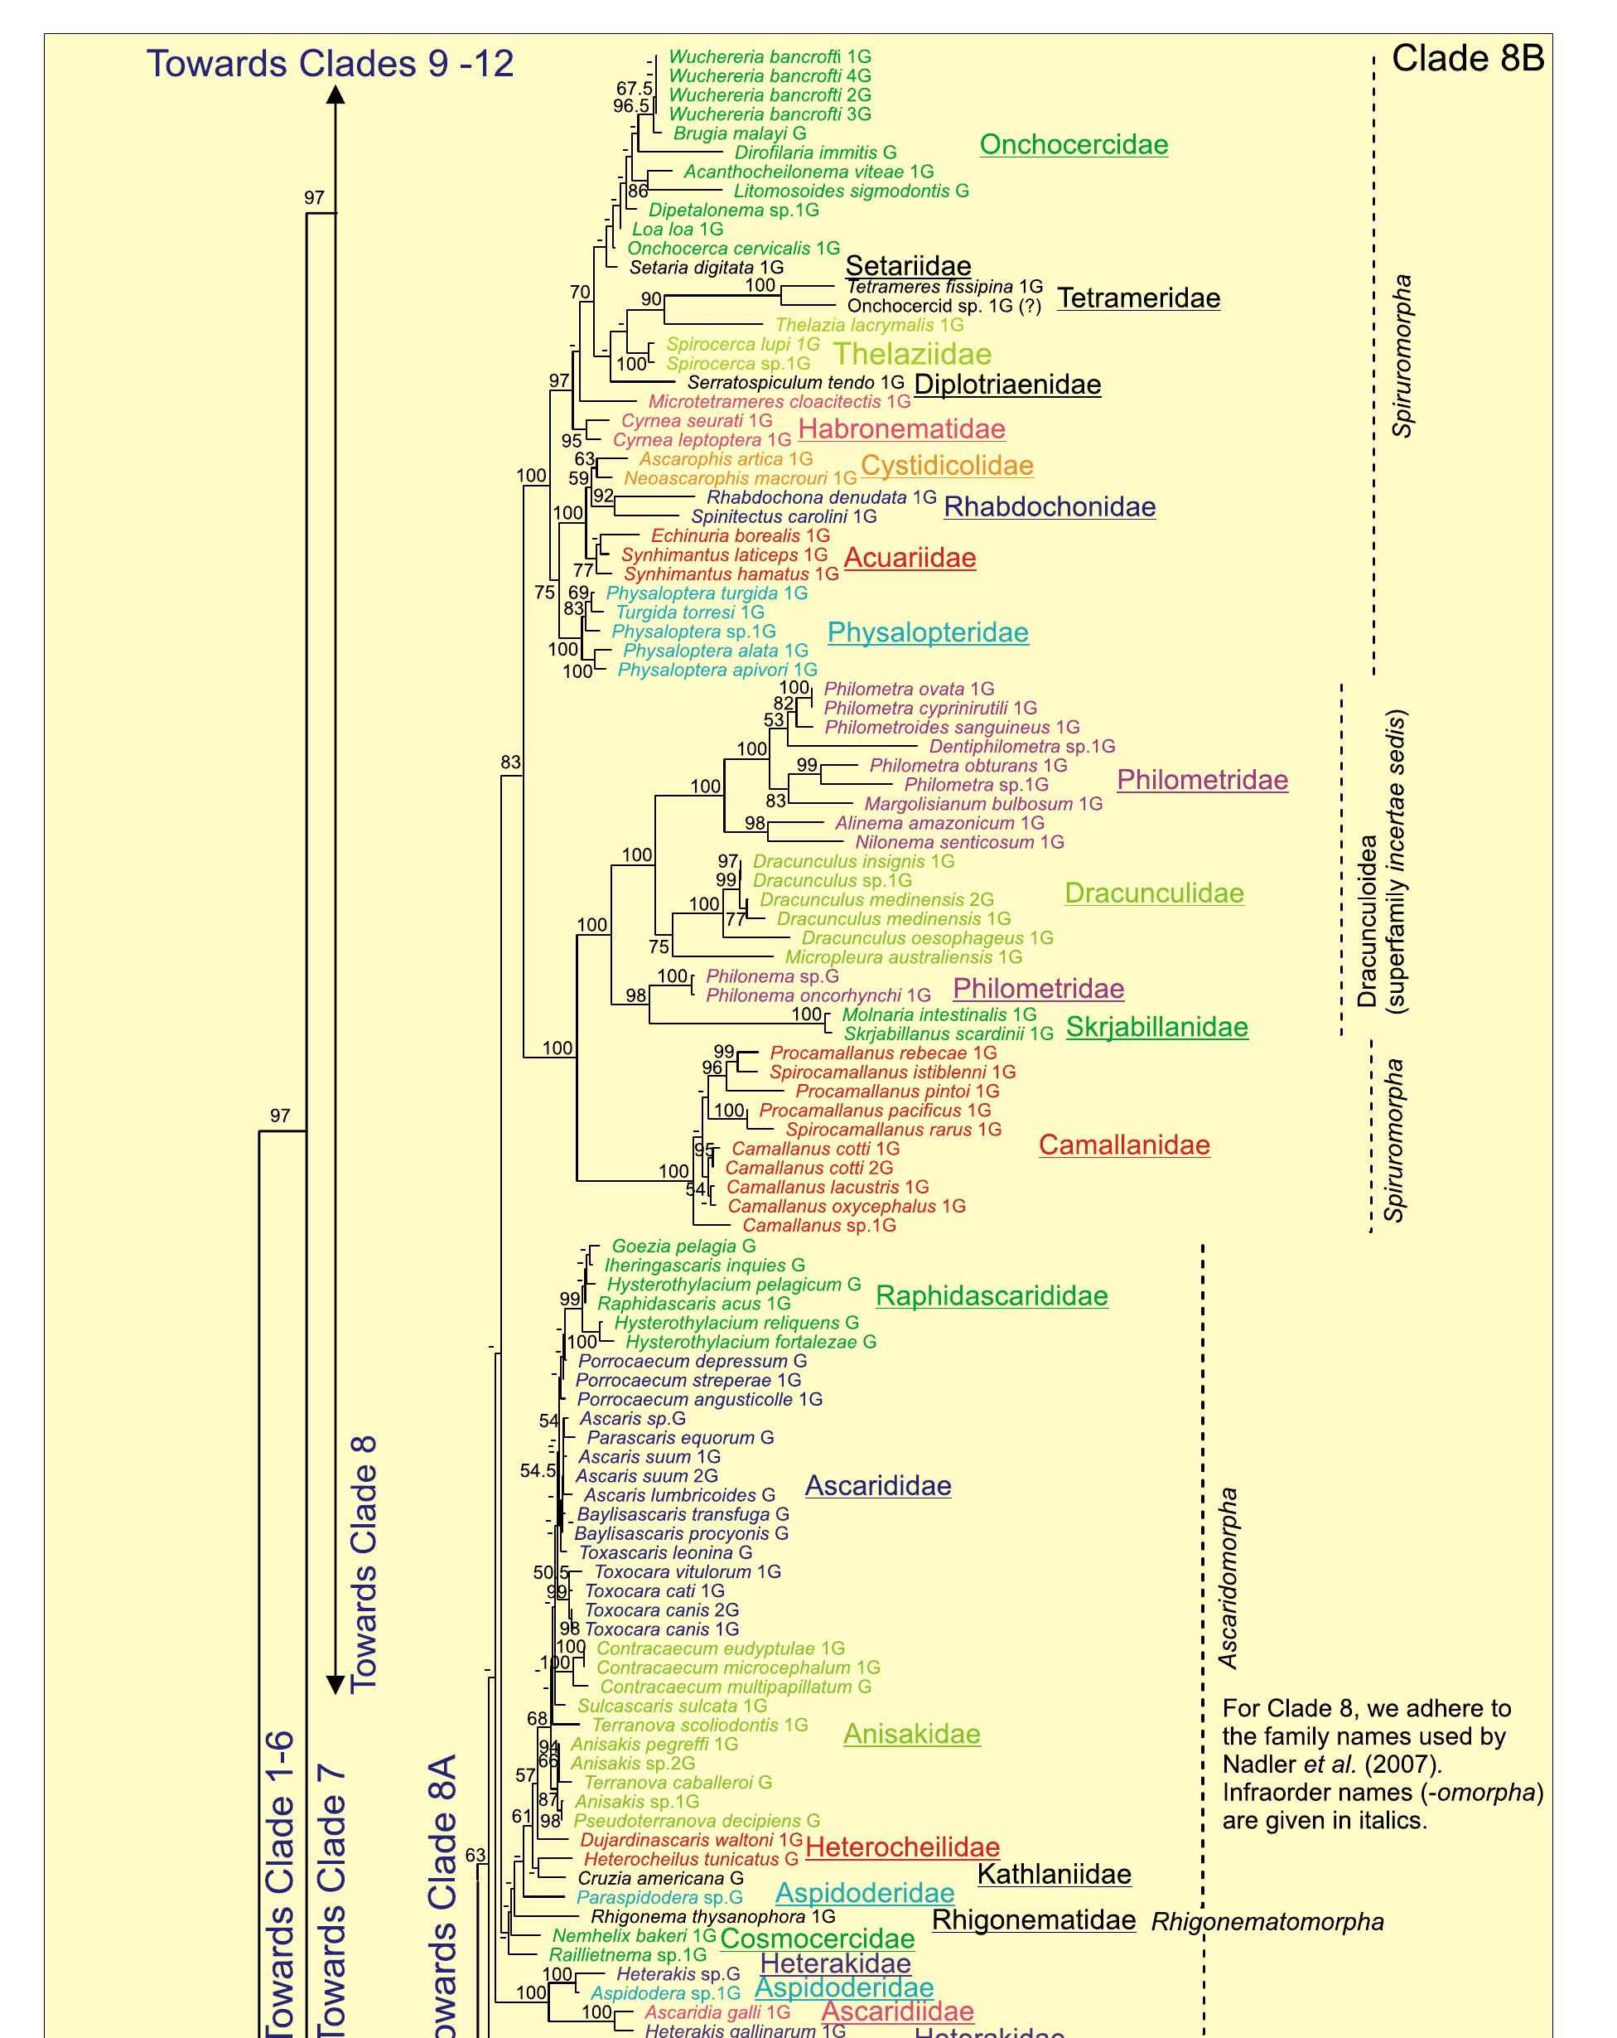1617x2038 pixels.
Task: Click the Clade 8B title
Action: coord(1467,59)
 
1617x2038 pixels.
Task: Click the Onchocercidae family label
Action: coord(1074,145)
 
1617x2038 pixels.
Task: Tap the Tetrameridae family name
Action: coord(1139,298)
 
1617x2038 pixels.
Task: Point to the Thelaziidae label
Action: coord(912,354)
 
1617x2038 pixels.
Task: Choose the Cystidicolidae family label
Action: coord(947,465)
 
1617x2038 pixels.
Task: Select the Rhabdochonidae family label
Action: coord(1049,506)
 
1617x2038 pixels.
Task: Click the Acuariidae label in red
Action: coord(910,558)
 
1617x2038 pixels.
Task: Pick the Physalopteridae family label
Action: coord(927,632)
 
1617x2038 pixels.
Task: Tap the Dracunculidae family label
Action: coord(1154,893)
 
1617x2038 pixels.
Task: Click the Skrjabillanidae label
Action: coord(1156,1027)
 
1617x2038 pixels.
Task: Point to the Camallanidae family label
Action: coord(1123,1145)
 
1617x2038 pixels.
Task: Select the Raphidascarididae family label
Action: coord(992,1295)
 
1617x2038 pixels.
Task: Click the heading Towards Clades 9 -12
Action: coord(330,63)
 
